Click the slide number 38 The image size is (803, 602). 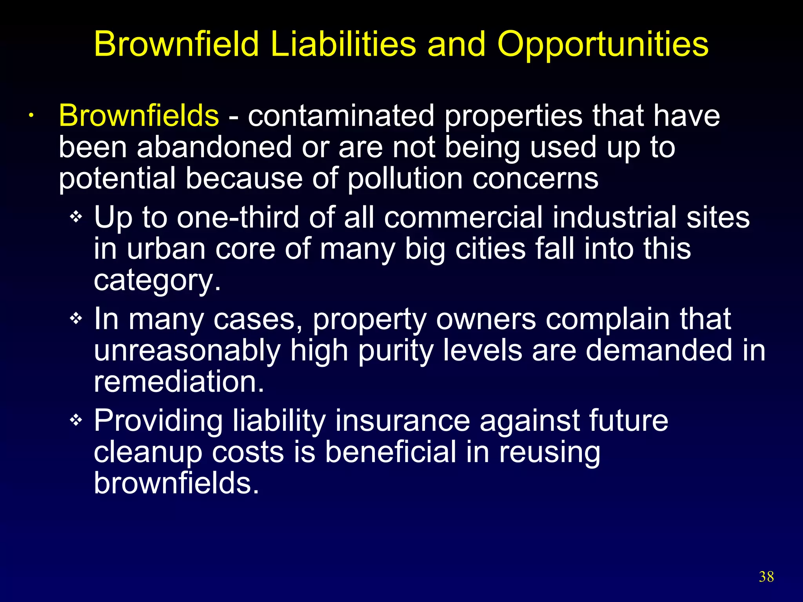pyautogui.click(x=766, y=577)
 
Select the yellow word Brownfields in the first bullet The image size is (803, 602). pyautogui.click(x=139, y=116)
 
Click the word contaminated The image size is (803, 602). pyautogui.click(x=341, y=116)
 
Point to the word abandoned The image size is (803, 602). pyautogui.click(x=214, y=147)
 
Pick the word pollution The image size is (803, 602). pyautogui.click(x=405, y=179)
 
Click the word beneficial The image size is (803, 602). pyautogui.click(x=391, y=451)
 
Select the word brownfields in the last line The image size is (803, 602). pyautogui.click(x=176, y=483)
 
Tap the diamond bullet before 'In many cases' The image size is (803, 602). pyautogui.click(x=76, y=319)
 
